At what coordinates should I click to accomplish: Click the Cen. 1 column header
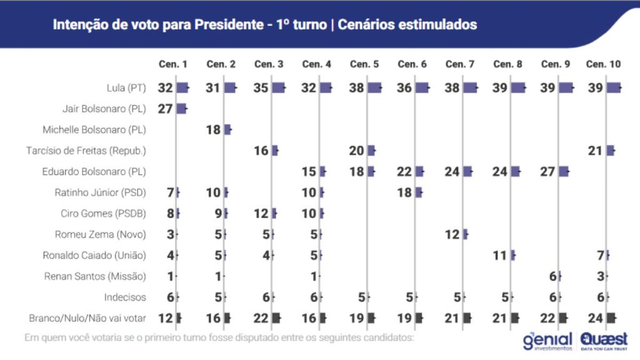pyautogui.click(x=173, y=64)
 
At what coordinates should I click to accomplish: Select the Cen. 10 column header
pyautogui.click(x=603, y=64)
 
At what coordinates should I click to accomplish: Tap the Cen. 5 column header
pyautogui.click(x=364, y=64)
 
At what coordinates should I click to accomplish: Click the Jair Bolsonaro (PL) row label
pyautogui.click(x=104, y=109)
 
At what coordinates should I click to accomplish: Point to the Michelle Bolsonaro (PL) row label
pyautogui.click(x=94, y=130)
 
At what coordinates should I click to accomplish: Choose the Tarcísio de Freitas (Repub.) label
pyautogui.click(x=86, y=151)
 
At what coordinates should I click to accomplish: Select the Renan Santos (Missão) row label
pyautogui.click(x=95, y=276)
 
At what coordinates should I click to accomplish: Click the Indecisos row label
pyautogui.click(x=126, y=297)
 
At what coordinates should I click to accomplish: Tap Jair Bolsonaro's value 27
pyautogui.click(x=165, y=109)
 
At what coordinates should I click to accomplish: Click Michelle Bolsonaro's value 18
pyautogui.click(x=213, y=130)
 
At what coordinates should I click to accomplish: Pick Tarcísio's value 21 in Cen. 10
pyautogui.click(x=596, y=151)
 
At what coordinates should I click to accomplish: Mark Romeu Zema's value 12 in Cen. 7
pyautogui.click(x=452, y=234)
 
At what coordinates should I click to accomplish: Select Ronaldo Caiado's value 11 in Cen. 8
pyautogui.click(x=500, y=255)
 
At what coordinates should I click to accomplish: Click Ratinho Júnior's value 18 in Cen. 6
pyautogui.click(x=404, y=192)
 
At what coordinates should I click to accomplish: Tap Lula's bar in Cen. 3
pyautogui.click(x=278, y=88)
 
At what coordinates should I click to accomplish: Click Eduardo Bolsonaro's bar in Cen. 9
pyautogui.click(x=564, y=172)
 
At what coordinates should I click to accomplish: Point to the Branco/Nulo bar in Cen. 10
pyautogui.click(x=611, y=318)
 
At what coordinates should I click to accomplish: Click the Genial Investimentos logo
pyautogui.click(x=548, y=341)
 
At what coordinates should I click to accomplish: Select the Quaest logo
pyautogui.click(x=604, y=341)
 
